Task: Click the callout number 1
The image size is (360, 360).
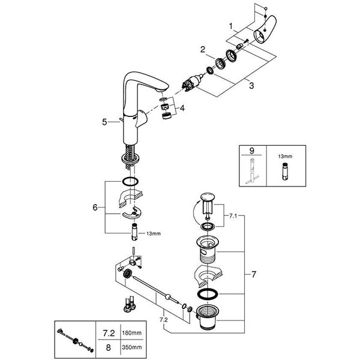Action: [x=230, y=26]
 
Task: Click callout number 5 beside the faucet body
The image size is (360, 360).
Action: [x=104, y=121]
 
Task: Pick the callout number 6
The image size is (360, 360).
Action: [x=95, y=207]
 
